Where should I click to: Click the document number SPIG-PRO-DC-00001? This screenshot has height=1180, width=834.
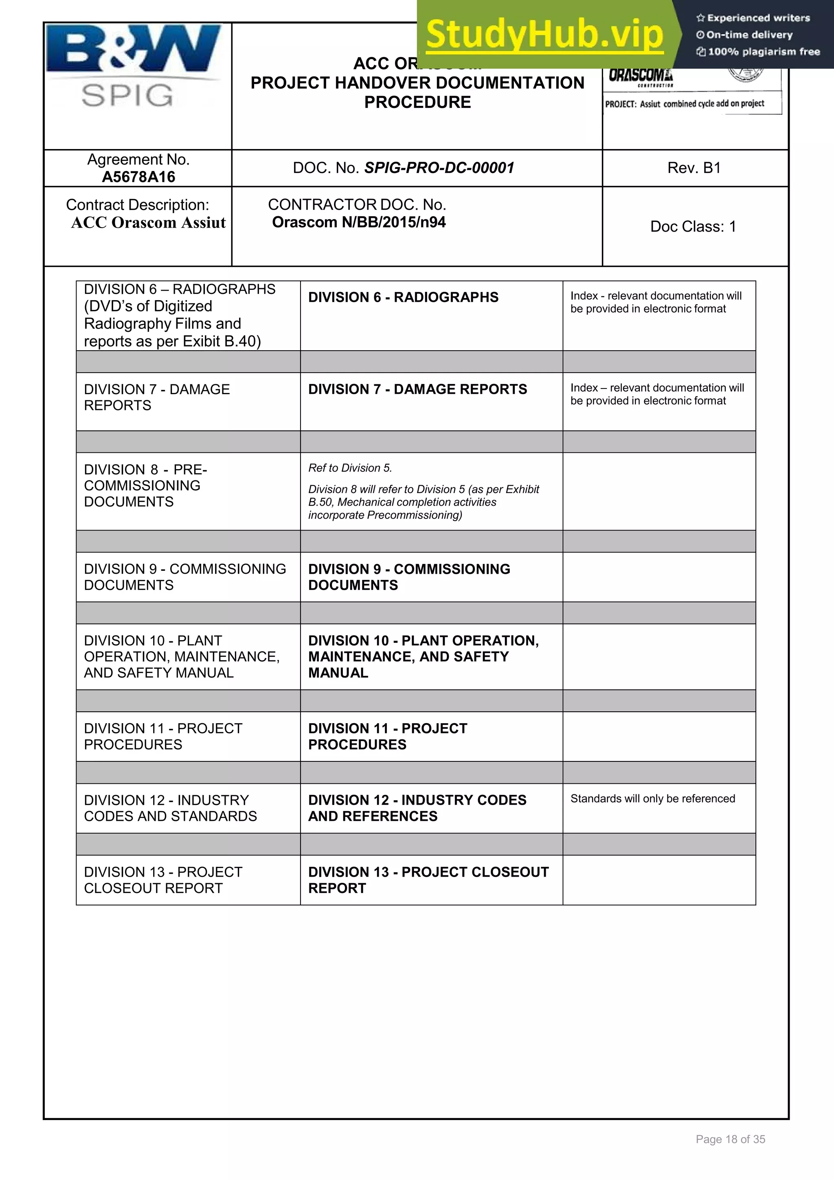(x=439, y=168)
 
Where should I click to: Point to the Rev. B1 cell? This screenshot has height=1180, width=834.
(x=694, y=168)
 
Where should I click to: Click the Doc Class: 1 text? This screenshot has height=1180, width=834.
(x=693, y=227)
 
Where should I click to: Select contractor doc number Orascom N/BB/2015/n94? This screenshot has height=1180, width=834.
(x=359, y=222)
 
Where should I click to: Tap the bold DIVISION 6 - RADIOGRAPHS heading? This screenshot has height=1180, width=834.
(x=403, y=298)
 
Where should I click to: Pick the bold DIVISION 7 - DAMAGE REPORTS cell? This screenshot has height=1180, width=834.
(x=417, y=390)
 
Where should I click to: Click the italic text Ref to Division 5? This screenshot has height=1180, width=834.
(x=350, y=468)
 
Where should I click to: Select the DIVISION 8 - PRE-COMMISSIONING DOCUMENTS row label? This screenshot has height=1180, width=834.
(x=145, y=486)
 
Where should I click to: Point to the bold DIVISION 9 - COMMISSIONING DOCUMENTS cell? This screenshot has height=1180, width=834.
(x=408, y=577)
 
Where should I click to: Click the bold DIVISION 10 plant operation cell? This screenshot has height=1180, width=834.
(x=423, y=656)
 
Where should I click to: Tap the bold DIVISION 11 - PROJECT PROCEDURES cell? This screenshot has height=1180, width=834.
(x=387, y=737)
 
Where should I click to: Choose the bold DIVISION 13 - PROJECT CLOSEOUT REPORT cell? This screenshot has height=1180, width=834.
(x=428, y=880)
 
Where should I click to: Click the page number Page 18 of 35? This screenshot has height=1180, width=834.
(x=730, y=1139)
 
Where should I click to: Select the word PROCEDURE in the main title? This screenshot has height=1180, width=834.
(x=417, y=102)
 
